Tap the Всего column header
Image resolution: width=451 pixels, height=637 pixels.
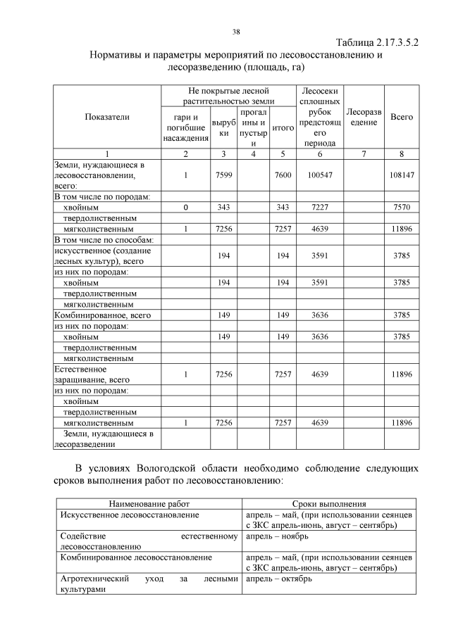[402, 117]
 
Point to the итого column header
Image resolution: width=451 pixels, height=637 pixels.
[283, 128]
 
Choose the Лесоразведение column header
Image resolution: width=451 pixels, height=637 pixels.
[364, 117]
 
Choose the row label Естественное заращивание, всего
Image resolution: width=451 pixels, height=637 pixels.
[88, 374]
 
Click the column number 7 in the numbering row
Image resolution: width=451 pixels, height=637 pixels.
[364, 153]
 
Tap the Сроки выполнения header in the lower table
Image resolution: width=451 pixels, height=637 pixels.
[329, 505]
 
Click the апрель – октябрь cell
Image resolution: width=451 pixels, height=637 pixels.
[271, 579]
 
